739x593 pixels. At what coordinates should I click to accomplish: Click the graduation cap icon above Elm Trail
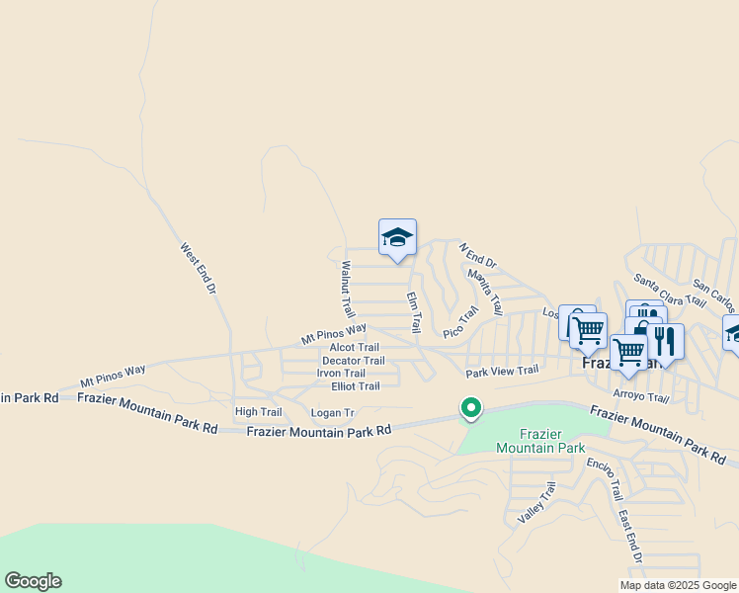(397, 237)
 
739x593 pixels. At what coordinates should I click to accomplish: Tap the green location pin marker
(472, 406)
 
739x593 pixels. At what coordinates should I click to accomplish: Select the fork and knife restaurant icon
(664, 341)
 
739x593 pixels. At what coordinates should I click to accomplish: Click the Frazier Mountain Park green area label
(540, 441)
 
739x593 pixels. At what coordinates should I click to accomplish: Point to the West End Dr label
(198, 269)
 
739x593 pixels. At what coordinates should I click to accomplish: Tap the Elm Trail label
(415, 309)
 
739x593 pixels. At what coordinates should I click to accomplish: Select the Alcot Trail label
(355, 347)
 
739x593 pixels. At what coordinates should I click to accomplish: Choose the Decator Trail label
(354, 361)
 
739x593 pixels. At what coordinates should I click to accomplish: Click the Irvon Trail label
(341, 373)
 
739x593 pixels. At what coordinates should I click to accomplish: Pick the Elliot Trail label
(356, 385)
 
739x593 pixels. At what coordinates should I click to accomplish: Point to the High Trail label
(258, 411)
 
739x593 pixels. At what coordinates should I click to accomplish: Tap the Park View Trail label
(502, 371)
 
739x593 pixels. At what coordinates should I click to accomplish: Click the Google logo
(33, 581)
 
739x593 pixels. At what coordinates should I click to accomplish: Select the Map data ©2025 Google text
(677, 585)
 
